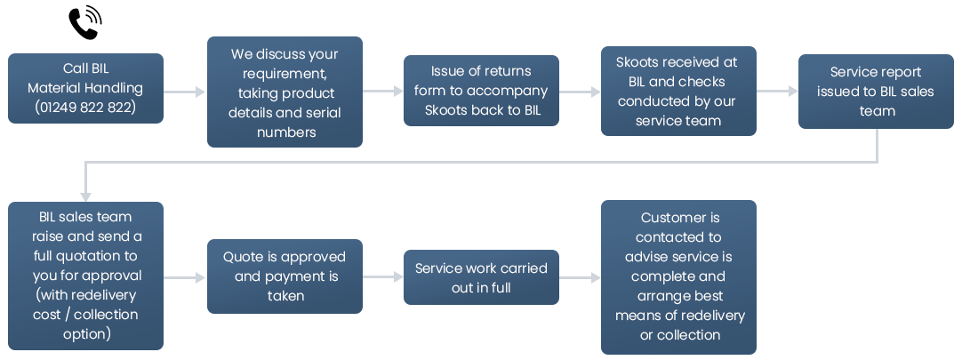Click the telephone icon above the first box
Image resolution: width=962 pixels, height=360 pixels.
(85, 22)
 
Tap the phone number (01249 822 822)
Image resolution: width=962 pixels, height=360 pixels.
(85, 107)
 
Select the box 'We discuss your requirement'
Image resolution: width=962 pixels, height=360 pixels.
(285, 92)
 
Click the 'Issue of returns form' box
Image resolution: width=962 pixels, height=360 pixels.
(481, 91)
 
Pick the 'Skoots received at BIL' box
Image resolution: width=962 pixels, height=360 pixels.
(678, 91)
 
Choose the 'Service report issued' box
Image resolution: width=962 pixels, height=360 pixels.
(876, 92)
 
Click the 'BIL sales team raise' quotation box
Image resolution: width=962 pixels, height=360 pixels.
(85, 276)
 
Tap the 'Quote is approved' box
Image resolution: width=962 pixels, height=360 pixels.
(285, 276)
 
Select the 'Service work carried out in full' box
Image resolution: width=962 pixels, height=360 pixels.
(481, 277)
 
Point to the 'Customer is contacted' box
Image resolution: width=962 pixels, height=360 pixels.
(678, 276)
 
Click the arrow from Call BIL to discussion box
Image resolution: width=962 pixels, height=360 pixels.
(185, 92)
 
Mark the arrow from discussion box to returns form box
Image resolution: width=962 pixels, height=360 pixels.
(383, 92)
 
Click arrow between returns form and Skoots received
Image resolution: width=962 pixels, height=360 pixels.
(580, 92)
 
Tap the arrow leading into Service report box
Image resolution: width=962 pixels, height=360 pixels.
(777, 92)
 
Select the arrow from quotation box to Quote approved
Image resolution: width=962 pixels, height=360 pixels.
(185, 278)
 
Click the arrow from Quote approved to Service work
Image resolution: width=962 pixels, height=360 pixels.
(383, 278)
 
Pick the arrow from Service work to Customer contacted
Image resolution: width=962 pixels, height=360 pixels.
(580, 278)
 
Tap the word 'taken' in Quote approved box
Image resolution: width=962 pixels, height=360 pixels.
(285, 296)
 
